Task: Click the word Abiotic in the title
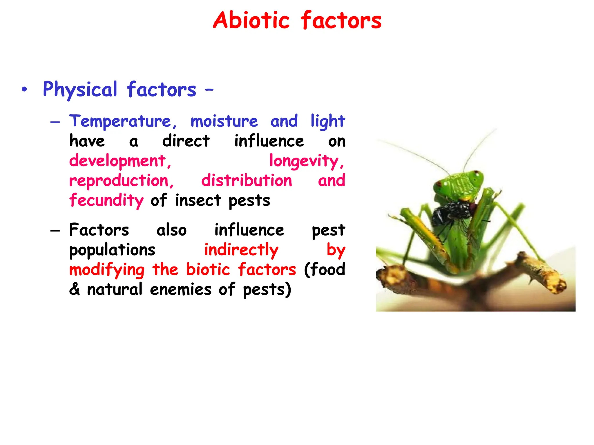[251, 20]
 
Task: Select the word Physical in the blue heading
[80, 90]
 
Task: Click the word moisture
[224, 121]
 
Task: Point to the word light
[327, 121]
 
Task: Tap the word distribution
[247, 181]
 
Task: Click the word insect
[198, 200]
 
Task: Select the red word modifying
[107, 270]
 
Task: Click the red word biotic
[208, 269]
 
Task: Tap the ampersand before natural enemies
[75, 289]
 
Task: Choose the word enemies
[181, 289]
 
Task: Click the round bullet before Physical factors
[24, 90]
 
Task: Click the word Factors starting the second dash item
[99, 230]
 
